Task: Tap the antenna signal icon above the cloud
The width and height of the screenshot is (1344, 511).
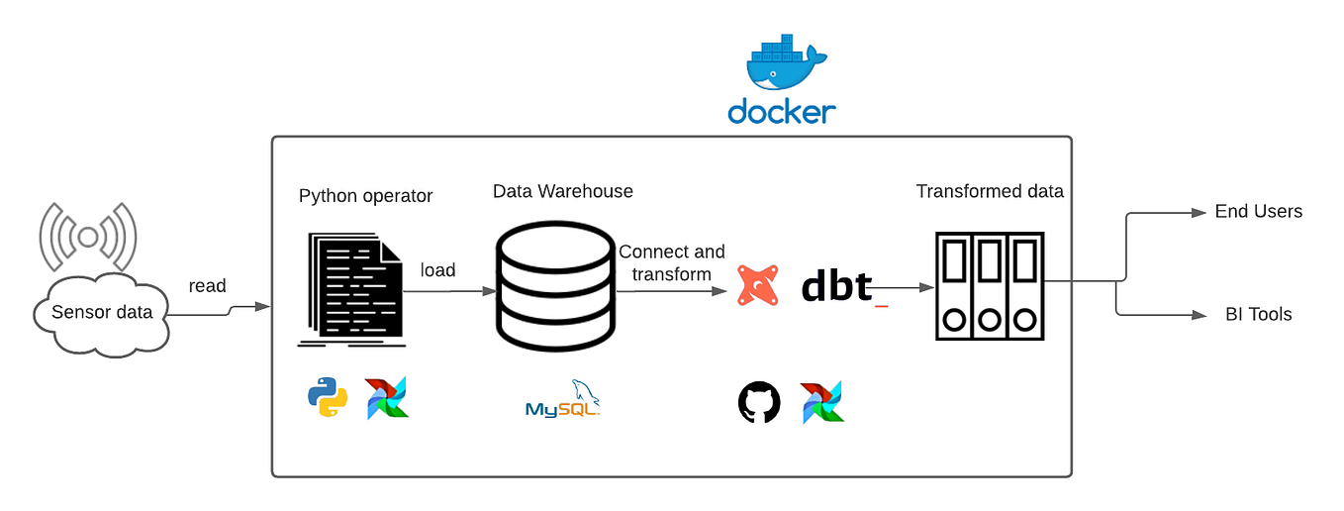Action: (87, 237)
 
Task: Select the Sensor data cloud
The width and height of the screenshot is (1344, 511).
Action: (102, 314)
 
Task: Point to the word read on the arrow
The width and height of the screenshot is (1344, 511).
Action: (208, 286)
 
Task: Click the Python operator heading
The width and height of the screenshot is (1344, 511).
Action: (365, 196)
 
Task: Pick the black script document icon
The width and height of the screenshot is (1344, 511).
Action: (351, 288)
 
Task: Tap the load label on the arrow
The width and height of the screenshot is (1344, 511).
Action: (437, 270)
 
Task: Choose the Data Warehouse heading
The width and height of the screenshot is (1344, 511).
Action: (562, 191)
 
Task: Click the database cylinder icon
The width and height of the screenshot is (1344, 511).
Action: (555, 283)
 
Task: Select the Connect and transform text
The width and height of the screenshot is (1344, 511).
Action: (672, 262)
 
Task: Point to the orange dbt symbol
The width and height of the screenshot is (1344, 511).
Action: (758, 285)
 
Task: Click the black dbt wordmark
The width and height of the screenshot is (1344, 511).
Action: (837, 285)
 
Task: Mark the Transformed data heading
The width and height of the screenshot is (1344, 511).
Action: (990, 191)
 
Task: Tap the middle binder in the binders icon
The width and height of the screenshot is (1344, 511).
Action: (990, 287)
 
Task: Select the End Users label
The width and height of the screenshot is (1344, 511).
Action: (1259, 211)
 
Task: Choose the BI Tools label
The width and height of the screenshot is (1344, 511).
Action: (1259, 315)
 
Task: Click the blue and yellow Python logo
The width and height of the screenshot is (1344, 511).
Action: (328, 398)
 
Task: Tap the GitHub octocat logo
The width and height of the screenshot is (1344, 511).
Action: (759, 403)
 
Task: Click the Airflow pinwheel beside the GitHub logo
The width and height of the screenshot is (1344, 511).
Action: (822, 402)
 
